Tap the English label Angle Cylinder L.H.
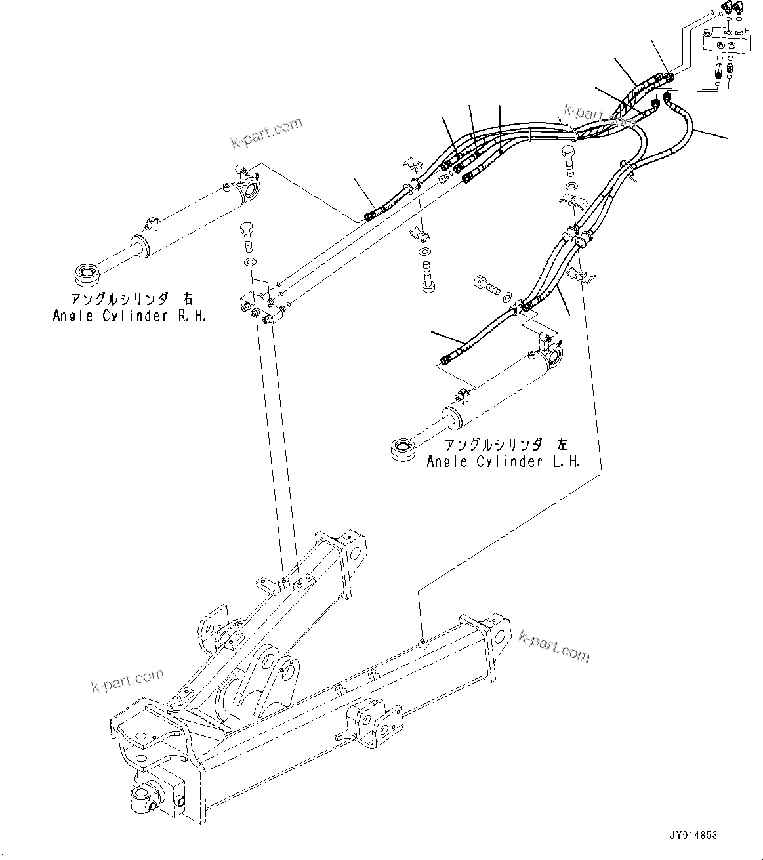[x=503, y=461]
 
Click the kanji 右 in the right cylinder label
[x=188, y=299]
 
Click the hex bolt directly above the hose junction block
[x=247, y=236]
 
